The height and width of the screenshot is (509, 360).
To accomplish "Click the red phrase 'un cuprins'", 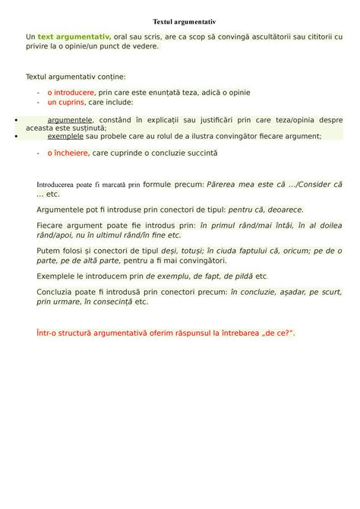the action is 66,102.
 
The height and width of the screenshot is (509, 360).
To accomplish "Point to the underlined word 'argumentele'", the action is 70,120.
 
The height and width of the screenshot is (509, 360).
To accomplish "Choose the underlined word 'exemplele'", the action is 66,137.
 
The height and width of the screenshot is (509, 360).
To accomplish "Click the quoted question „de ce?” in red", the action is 276,333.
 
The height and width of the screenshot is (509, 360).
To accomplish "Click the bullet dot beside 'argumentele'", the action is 17,120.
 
